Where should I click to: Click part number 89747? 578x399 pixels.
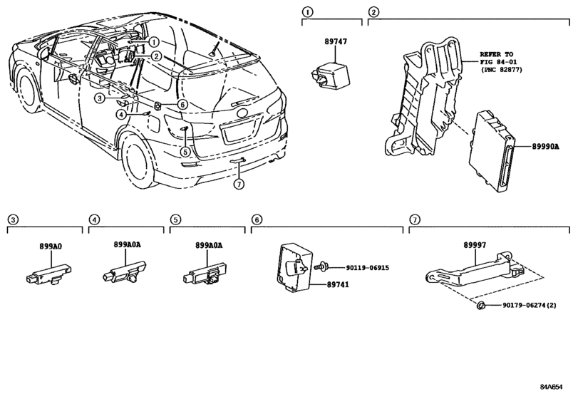(336, 41)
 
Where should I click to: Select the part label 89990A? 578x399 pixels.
(545, 147)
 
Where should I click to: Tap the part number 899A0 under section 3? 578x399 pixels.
(51, 246)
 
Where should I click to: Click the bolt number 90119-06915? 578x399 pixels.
(367, 268)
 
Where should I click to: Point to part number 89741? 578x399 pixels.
(338, 284)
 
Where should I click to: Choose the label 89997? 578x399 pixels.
(475, 245)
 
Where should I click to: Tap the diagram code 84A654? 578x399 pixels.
(552, 387)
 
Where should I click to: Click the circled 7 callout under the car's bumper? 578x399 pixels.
(239, 184)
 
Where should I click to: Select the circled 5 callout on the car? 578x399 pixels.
(185, 152)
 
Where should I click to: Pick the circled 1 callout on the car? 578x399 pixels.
(154, 42)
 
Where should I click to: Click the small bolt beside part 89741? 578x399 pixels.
(319, 266)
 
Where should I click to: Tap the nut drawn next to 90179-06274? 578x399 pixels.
(480, 306)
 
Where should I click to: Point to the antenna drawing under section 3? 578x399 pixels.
(48, 274)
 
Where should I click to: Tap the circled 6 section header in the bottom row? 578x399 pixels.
(257, 220)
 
